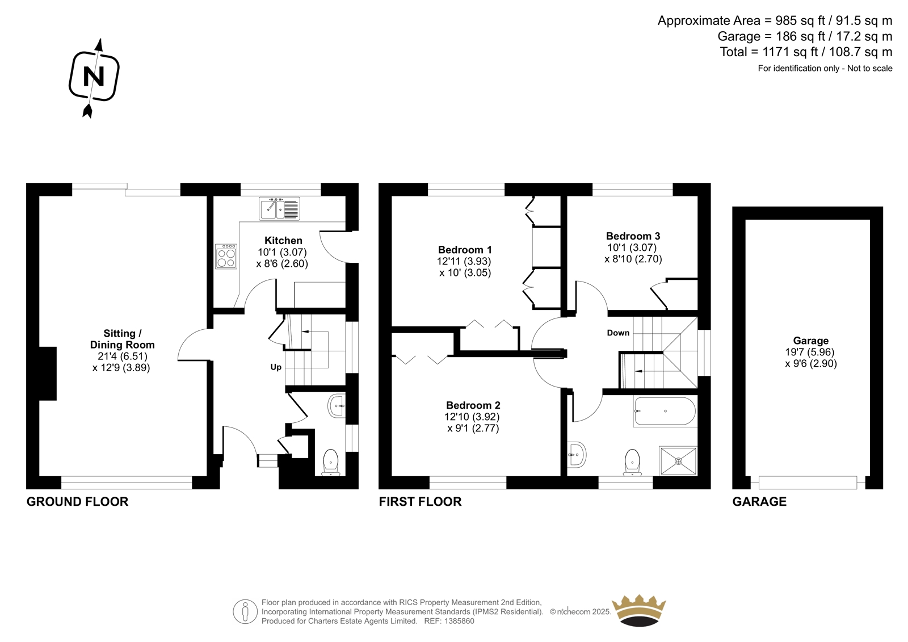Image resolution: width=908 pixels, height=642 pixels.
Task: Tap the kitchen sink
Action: pyautogui.click(x=279, y=208)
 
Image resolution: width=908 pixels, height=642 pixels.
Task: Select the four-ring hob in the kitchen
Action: pyautogui.click(x=226, y=257)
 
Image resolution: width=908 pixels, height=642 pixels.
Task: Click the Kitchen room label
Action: pyautogui.click(x=283, y=240)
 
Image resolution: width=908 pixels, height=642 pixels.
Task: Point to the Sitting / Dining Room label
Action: pyautogui.click(x=123, y=339)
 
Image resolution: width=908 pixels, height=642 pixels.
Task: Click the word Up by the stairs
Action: pyautogui.click(x=276, y=367)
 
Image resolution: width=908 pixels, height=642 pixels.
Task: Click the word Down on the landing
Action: pyautogui.click(x=618, y=333)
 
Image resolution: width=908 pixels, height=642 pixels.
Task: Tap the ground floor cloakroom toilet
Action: pyautogui.click(x=331, y=462)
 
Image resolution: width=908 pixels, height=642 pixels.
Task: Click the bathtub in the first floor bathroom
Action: pyautogui.click(x=665, y=411)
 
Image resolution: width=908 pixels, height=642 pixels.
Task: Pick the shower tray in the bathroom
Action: pyautogui.click(x=678, y=461)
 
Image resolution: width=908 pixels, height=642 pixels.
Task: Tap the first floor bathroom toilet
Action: pyautogui.click(x=632, y=462)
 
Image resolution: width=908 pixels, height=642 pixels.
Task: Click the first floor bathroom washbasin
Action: pyautogui.click(x=576, y=455)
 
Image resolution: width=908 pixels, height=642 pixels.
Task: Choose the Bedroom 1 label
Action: pyautogui.click(x=465, y=249)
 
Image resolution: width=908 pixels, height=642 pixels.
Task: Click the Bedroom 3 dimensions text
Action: pyautogui.click(x=633, y=253)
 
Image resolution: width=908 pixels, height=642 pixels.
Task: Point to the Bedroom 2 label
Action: pyautogui.click(x=473, y=405)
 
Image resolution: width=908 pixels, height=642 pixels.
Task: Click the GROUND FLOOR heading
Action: pyautogui.click(x=77, y=502)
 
